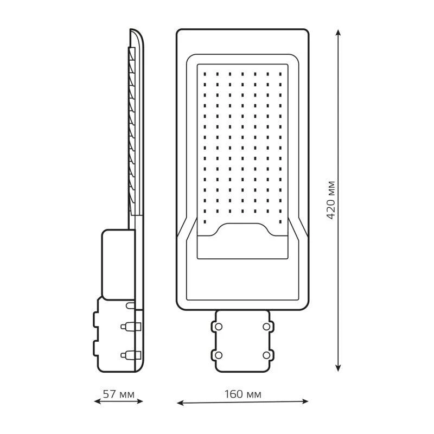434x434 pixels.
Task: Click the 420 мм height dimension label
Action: point(331,200)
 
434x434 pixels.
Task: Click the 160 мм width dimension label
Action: point(242,394)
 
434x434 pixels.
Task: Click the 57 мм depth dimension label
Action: point(118,394)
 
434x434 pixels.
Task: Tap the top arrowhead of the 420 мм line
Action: point(338,33)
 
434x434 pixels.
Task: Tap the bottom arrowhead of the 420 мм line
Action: point(338,368)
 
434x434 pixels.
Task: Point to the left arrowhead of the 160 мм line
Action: point(180,403)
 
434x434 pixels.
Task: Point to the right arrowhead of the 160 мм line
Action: point(305,401)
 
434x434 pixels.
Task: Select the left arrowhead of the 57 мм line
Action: point(98,401)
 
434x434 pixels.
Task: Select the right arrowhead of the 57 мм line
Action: point(139,401)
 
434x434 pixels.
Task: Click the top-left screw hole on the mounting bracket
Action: point(219,327)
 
